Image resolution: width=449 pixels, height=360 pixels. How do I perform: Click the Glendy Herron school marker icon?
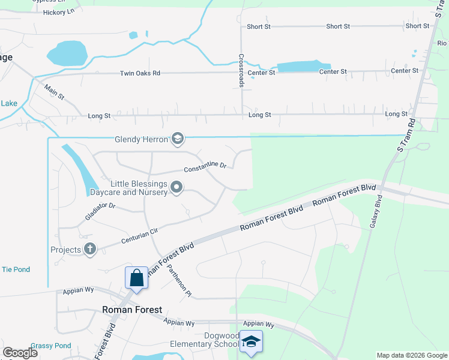click(177, 139)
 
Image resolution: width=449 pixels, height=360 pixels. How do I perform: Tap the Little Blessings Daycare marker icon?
click(176, 188)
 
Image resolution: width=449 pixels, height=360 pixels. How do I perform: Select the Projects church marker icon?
click(90, 250)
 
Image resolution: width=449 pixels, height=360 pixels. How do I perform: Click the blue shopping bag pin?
click(136, 278)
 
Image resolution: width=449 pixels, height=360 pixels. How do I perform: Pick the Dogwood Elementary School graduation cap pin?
click(251, 342)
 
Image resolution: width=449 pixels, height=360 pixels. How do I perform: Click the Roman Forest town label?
click(132, 310)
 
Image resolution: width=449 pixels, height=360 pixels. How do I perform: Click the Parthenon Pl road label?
click(179, 281)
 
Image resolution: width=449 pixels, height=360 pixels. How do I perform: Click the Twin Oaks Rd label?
click(140, 73)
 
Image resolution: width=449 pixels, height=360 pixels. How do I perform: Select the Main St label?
click(54, 92)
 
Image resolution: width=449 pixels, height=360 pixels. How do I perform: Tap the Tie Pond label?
click(16, 269)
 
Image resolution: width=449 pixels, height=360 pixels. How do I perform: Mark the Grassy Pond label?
click(51, 346)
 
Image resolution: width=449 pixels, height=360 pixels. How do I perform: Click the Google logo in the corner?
click(20, 353)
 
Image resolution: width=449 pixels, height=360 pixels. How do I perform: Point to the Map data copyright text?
click(412, 355)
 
